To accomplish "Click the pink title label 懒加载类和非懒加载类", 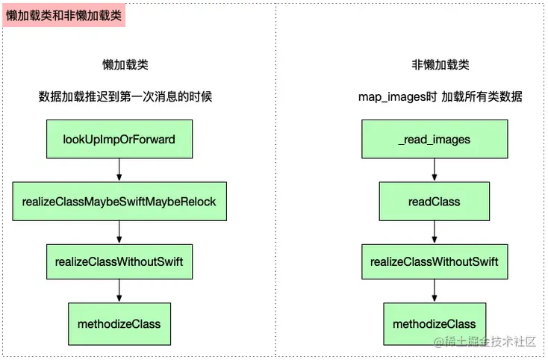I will click(64, 15).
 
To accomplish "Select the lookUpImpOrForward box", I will click(119, 139).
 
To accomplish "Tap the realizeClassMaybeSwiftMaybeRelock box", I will click(119, 201).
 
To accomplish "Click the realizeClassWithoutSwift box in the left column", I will click(119, 261).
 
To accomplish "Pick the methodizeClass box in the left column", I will click(119, 323).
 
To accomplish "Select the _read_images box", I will click(435, 139).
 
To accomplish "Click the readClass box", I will click(435, 201).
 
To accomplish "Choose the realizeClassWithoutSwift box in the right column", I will click(435, 261).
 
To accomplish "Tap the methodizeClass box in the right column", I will click(435, 323).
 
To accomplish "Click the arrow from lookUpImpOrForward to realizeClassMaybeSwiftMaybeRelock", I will click(119, 170).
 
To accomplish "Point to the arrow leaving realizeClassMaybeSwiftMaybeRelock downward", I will click(119, 232).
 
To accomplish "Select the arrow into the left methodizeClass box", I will click(119, 292).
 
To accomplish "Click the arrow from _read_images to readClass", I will click(435, 170).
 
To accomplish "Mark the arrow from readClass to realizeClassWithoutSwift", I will click(435, 232).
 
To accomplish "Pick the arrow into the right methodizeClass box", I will click(435, 292).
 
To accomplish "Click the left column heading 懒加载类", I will click(125, 65).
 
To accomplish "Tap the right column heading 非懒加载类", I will click(440, 65).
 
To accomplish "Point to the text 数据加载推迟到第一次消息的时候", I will click(125, 97).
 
